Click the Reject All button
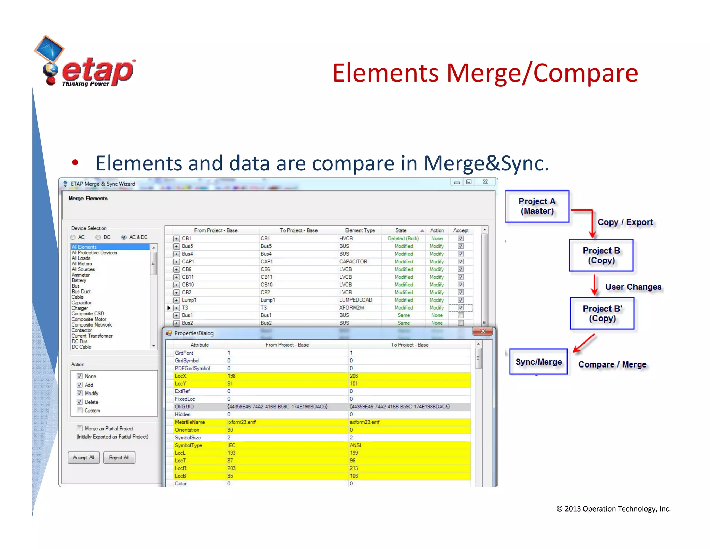(x=119, y=457)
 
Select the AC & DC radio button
(x=124, y=237)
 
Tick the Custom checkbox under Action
(x=80, y=411)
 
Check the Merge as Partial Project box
(x=80, y=429)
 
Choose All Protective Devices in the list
(x=94, y=253)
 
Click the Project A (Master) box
(x=537, y=206)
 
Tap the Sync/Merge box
(x=538, y=362)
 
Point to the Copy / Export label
(x=625, y=222)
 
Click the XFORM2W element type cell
(x=352, y=307)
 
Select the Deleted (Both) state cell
(x=403, y=238)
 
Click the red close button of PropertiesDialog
(x=483, y=331)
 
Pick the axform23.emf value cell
(x=365, y=422)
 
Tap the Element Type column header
(x=360, y=230)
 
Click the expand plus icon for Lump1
(x=176, y=300)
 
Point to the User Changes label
(x=633, y=287)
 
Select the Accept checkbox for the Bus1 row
(x=461, y=315)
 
